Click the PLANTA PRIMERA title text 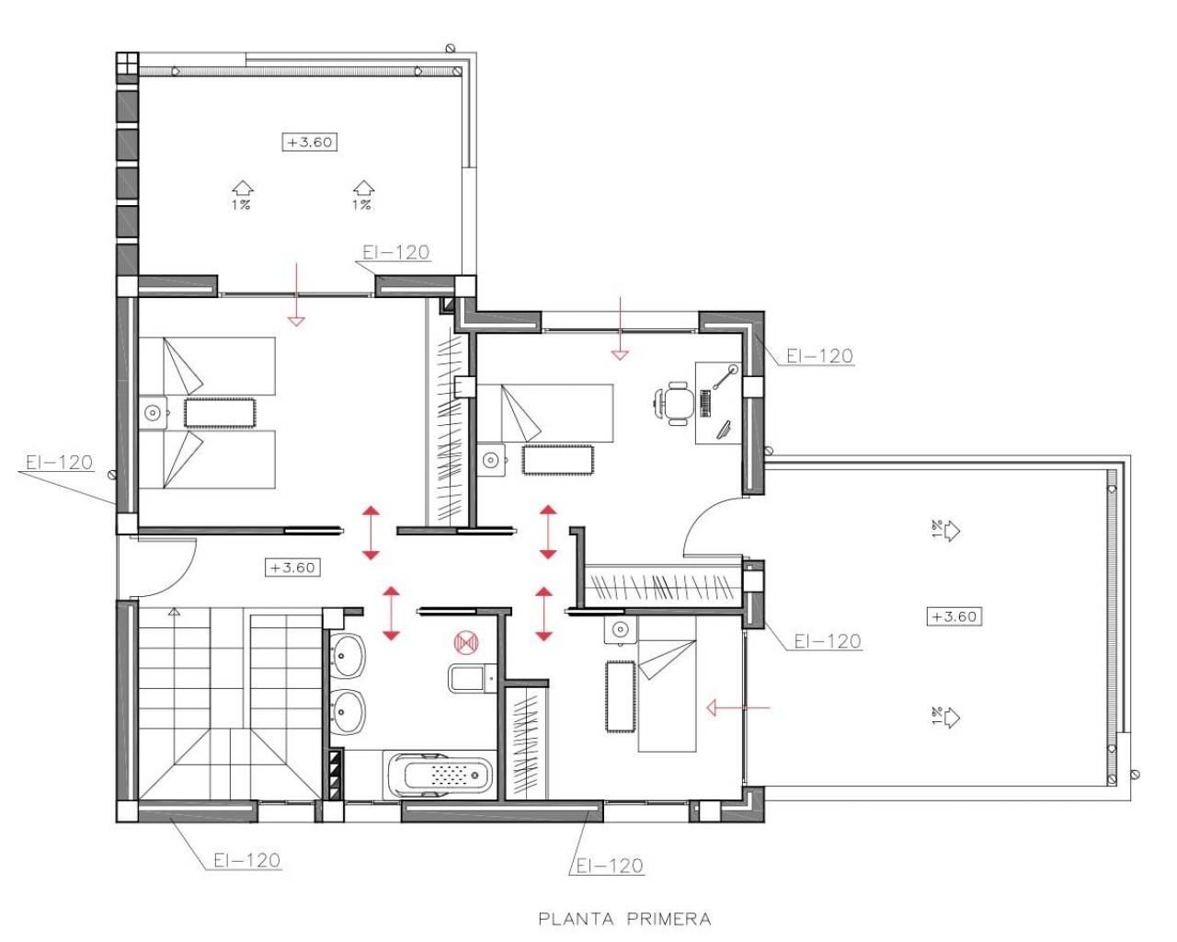pos(624,918)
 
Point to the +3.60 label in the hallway pos(292,568)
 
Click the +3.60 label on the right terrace pos(954,616)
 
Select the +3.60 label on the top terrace pos(310,143)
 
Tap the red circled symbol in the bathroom pos(465,640)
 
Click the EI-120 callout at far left pos(59,462)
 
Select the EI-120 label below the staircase pos(246,861)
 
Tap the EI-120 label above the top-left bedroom pos(395,252)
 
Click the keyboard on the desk pos(705,403)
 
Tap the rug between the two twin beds pos(220,412)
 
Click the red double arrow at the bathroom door pos(391,613)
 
